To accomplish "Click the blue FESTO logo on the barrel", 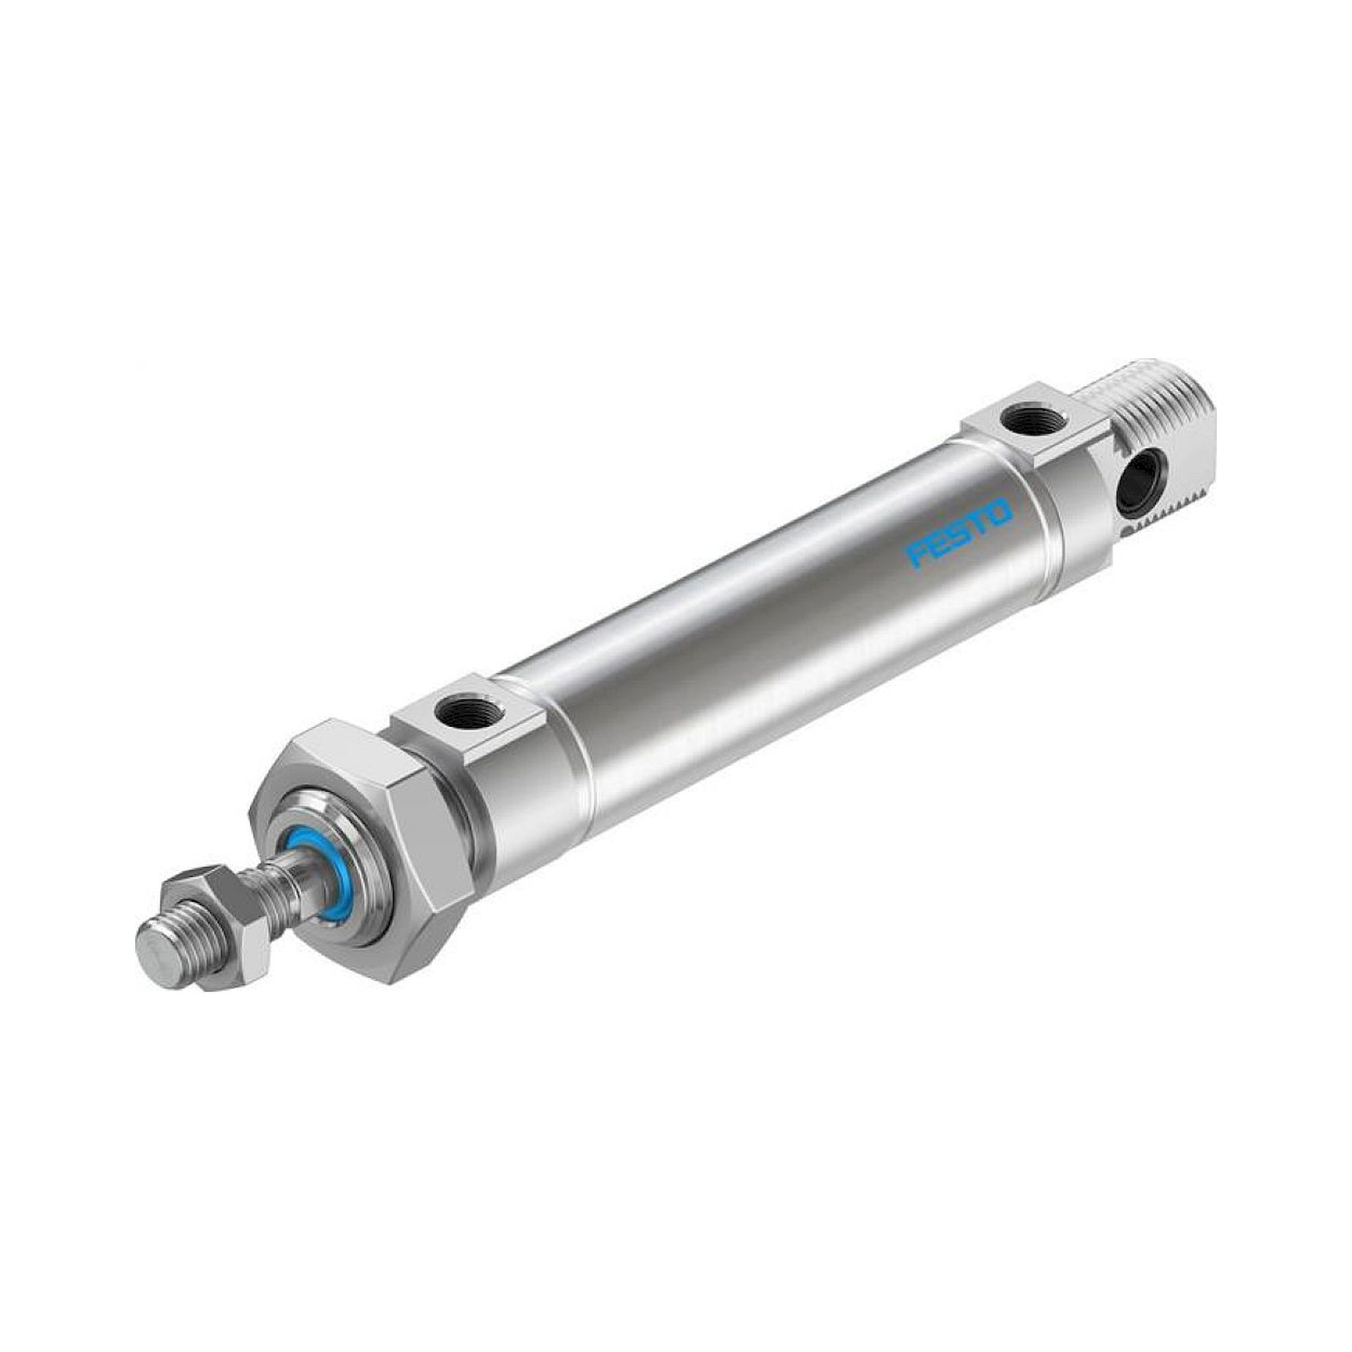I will click(x=959, y=532).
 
